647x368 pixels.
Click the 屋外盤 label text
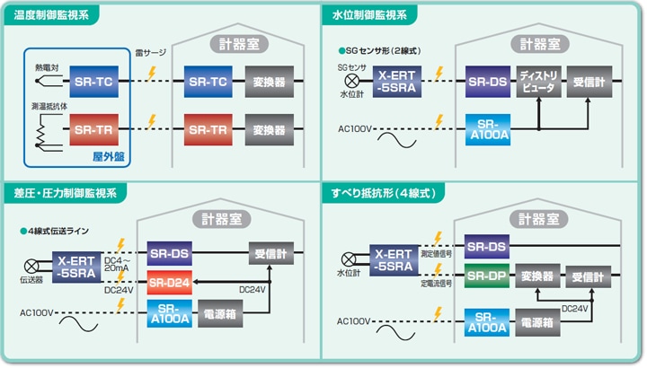tap(109, 154)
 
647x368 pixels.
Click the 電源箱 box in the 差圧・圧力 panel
tap(220, 315)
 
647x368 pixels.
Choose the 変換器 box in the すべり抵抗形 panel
tap(538, 274)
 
